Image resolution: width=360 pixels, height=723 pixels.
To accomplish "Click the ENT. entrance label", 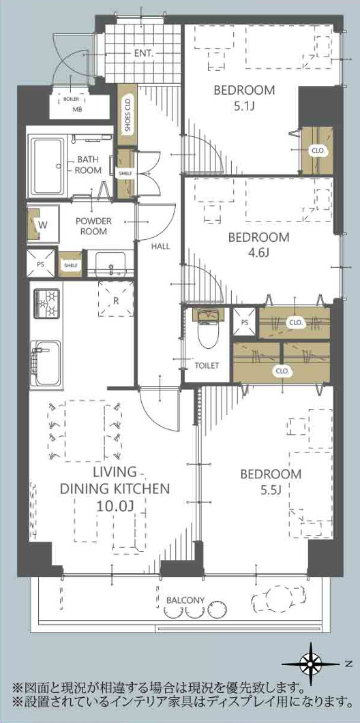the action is tap(144, 53).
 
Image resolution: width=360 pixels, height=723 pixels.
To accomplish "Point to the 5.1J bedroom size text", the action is tap(244, 106).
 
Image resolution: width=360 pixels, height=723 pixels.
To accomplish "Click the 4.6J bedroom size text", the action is tap(259, 254).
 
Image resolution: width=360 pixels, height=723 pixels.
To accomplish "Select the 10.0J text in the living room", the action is tap(115, 506).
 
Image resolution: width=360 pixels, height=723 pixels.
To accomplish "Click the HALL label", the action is tap(161, 246).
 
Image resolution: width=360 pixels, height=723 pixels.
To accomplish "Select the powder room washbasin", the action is tap(110, 264).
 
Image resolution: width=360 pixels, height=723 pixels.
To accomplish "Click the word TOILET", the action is tap(207, 366).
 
